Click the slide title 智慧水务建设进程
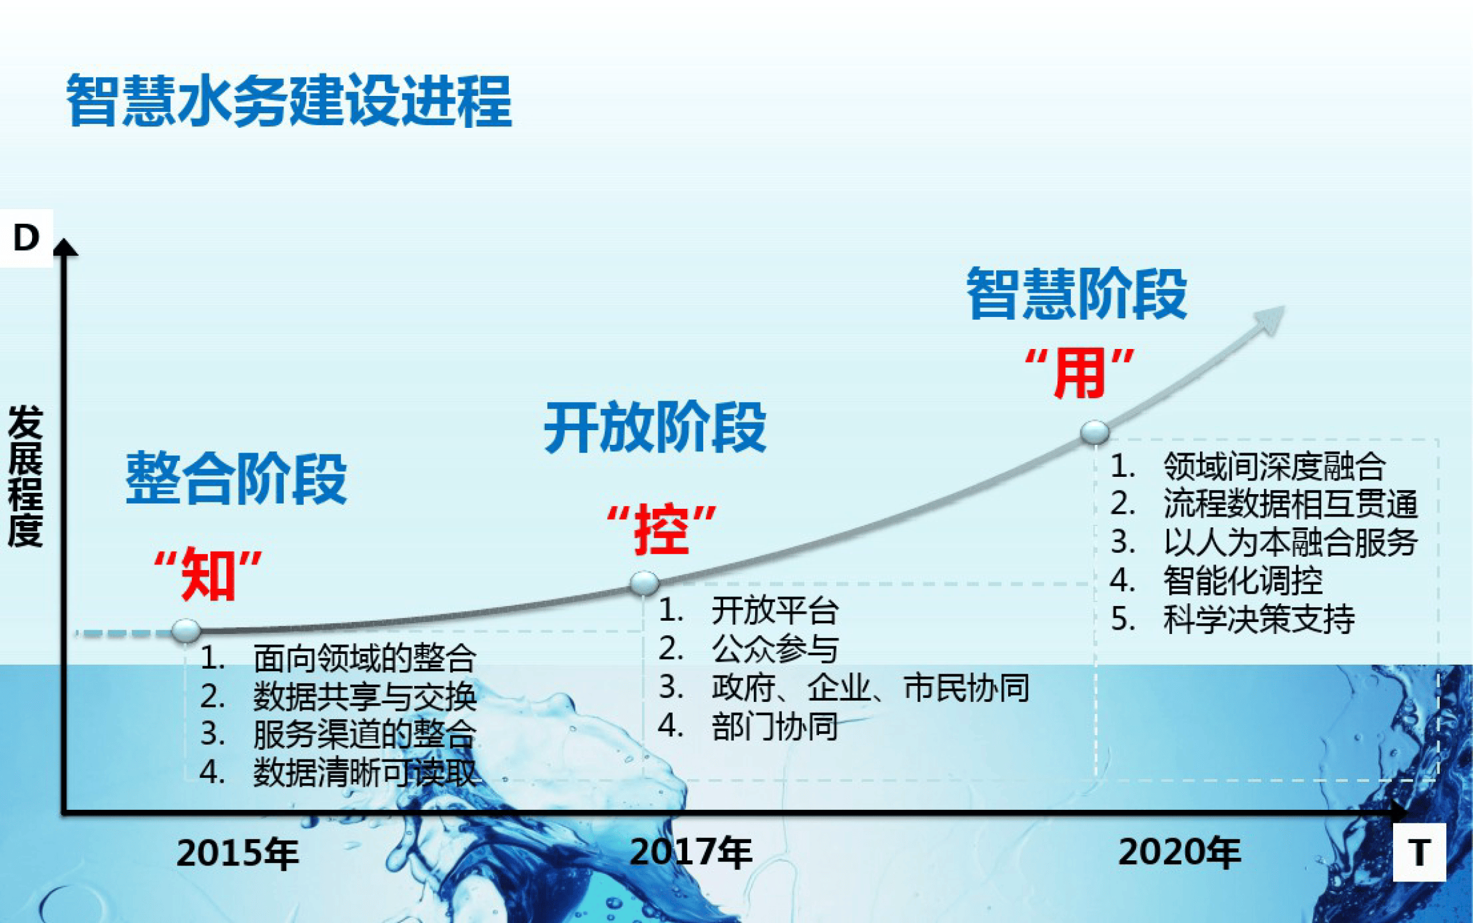pyautogui.click(x=289, y=101)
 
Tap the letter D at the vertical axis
pyautogui.click(x=26, y=238)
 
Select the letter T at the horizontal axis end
pyautogui.click(x=1419, y=852)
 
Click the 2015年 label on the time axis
pyautogui.click(x=238, y=853)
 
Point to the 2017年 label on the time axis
pyautogui.click(x=691, y=852)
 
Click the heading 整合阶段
pyautogui.click(x=236, y=478)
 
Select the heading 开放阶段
pyautogui.click(x=655, y=427)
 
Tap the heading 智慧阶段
pyautogui.click(x=1077, y=293)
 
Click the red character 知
pyautogui.click(x=208, y=575)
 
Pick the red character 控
pyautogui.click(x=662, y=529)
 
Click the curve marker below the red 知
pyautogui.click(x=186, y=631)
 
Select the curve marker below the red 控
pyautogui.click(x=644, y=582)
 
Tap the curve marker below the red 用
pyautogui.click(x=1095, y=432)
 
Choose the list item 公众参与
pyautogui.click(x=775, y=649)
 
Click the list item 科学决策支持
pyautogui.click(x=1258, y=619)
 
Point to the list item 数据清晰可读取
pyautogui.click(x=365, y=772)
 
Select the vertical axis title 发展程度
pyautogui.click(x=26, y=476)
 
